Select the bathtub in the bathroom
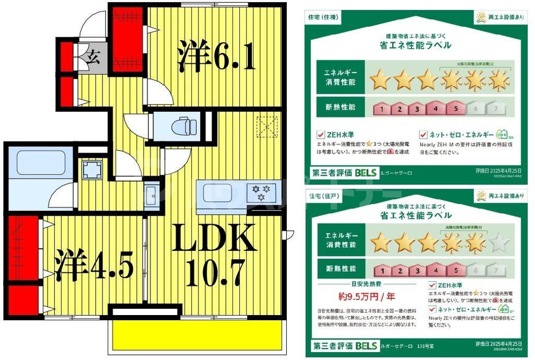coord(41,163)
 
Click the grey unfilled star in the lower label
coord(499,243)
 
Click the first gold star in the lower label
coord(381,243)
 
